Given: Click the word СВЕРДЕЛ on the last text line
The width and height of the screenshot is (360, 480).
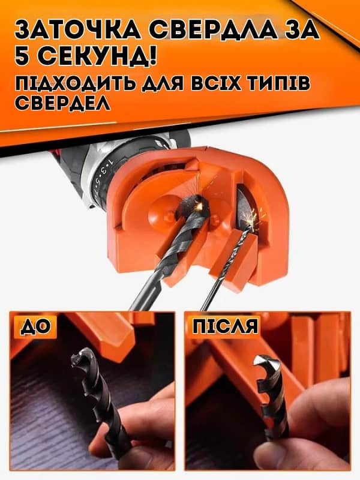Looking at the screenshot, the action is (63, 103).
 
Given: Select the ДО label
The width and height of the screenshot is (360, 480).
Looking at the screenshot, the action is (35, 326).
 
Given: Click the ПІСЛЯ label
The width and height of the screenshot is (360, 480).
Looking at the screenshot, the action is (226, 326).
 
